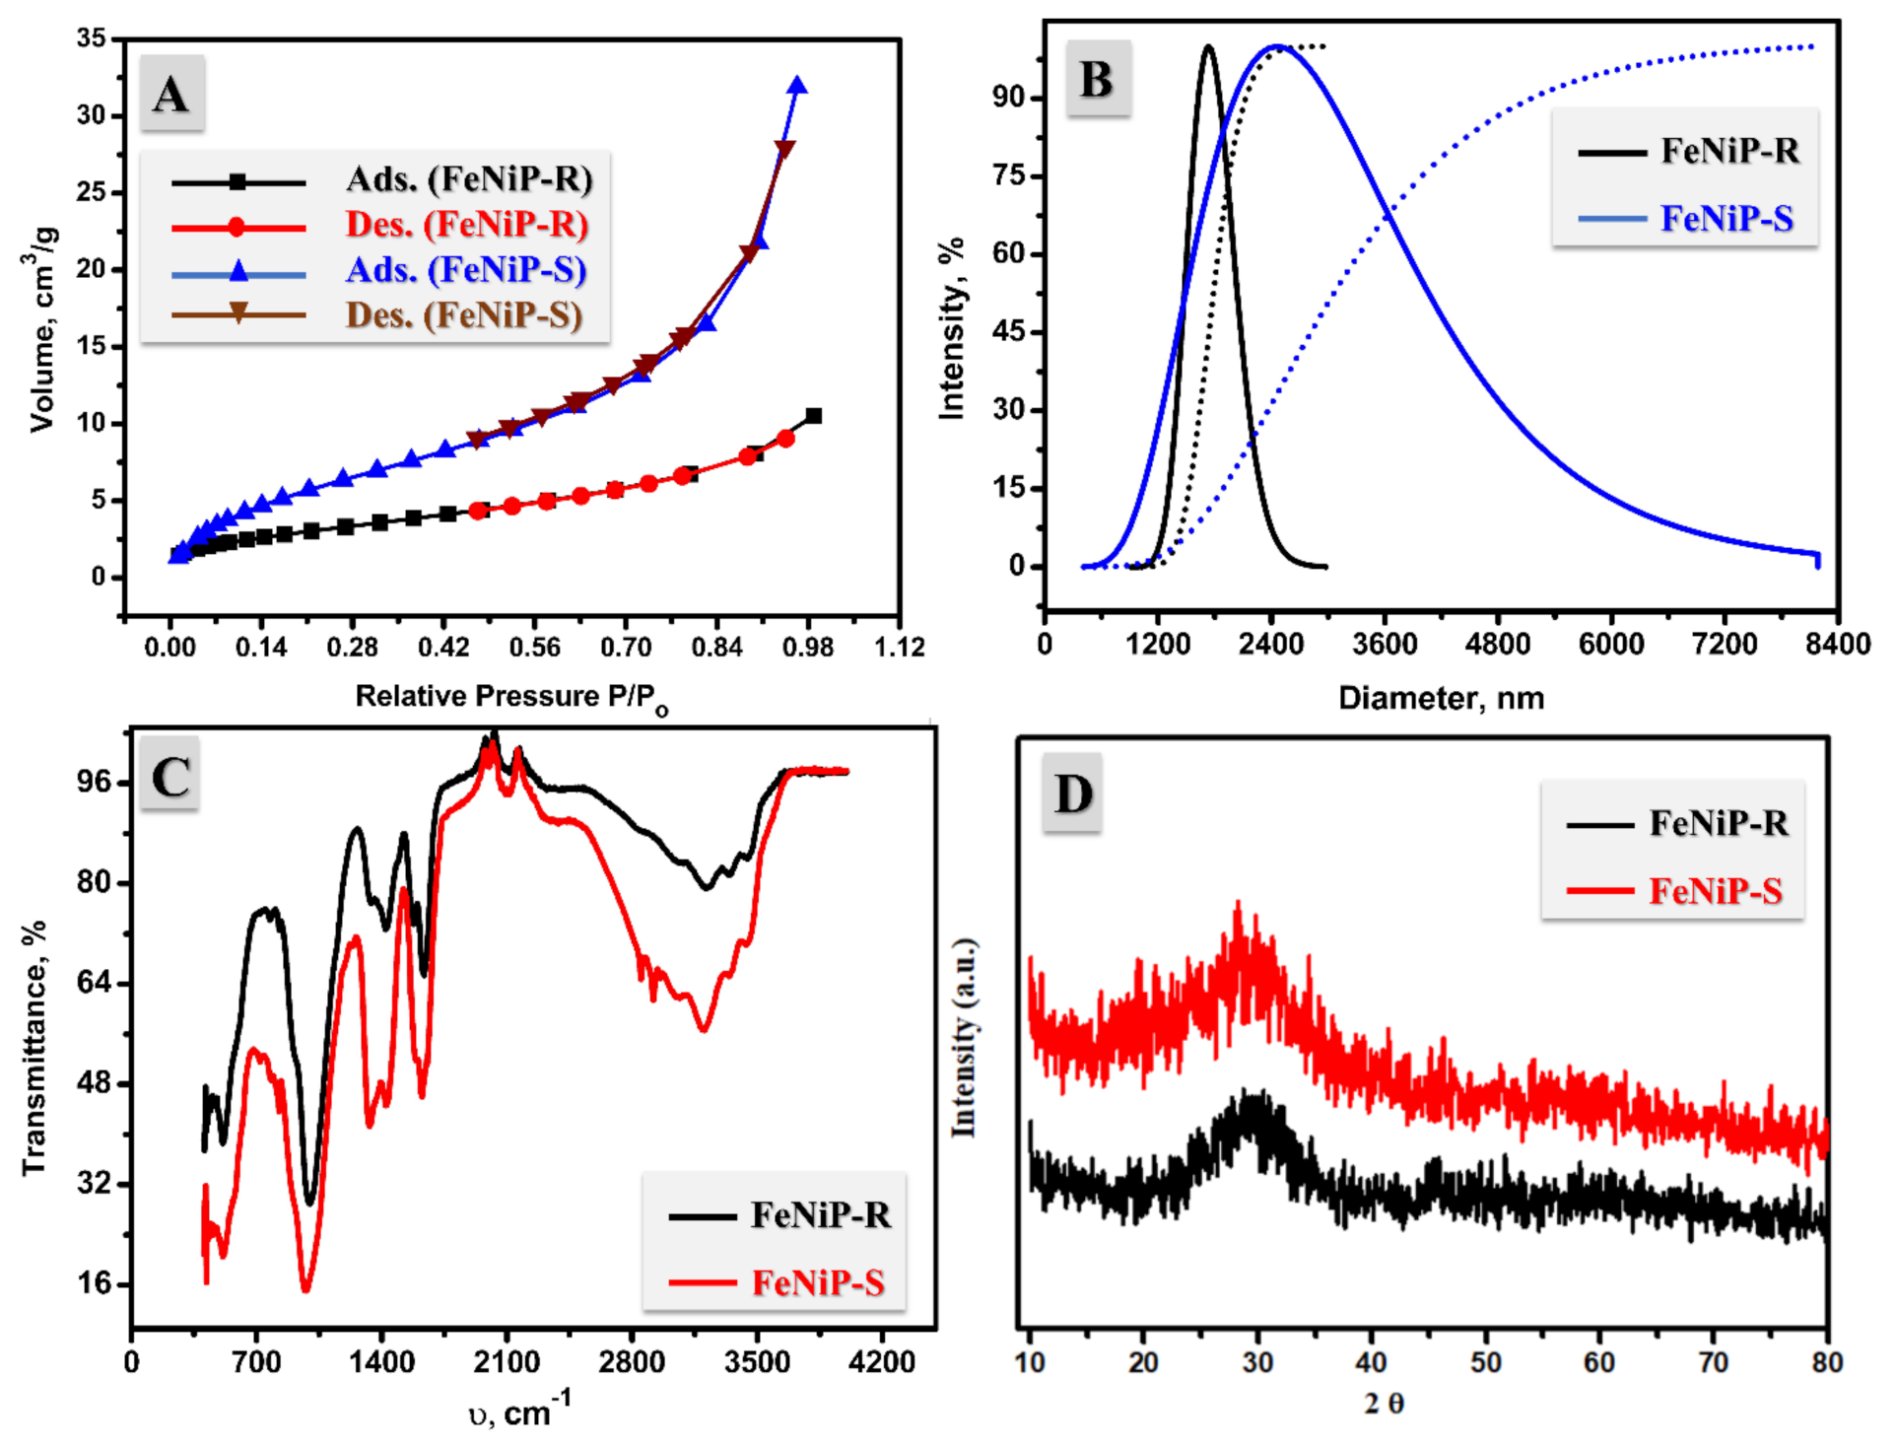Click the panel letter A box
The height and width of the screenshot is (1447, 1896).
point(171,95)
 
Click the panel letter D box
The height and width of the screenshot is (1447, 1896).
point(1072,793)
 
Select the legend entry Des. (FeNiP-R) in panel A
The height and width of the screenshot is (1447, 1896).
point(467,225)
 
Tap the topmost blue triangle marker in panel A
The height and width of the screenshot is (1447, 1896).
point(797,86)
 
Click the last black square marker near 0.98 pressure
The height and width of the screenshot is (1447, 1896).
point(813,416)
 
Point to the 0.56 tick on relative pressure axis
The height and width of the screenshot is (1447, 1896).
point(534,647)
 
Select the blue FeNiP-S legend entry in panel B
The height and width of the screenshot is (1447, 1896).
point(1727,218)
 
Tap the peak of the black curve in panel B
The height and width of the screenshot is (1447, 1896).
point(1208,46)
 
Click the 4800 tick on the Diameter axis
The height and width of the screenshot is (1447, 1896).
point(1498,645)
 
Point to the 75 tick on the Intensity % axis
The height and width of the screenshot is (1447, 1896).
point(1009,175)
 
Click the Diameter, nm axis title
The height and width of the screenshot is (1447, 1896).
point(1441,698)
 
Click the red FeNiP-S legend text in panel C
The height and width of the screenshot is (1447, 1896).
point(818,1282)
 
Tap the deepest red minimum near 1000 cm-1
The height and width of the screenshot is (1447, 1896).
point(305,1287)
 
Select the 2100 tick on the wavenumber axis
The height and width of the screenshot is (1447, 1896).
point(507,1362)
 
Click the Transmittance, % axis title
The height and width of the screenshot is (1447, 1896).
point(34,1047)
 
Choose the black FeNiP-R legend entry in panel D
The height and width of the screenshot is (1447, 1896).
point(1718,823)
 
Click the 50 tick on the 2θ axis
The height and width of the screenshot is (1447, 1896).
point(1485,1362)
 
